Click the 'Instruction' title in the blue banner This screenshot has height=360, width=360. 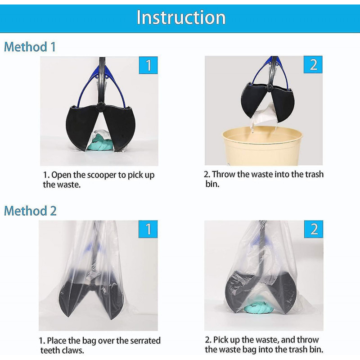point(181,18)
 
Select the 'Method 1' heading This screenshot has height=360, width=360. point(30,47)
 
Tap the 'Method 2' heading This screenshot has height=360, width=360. point(30,211)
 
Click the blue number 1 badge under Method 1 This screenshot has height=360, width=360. point(148,65)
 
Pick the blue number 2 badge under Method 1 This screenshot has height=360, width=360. point(313,64)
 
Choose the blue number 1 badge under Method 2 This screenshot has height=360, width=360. point(148,229)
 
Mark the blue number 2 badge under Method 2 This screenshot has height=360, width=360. point(314,229)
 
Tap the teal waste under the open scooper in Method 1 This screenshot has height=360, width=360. point(100,143)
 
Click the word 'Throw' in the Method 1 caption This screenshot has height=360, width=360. point(224,175)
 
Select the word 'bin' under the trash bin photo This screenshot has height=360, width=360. point(212,184)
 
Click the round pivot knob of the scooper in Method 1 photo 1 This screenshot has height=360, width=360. point(101,107)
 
